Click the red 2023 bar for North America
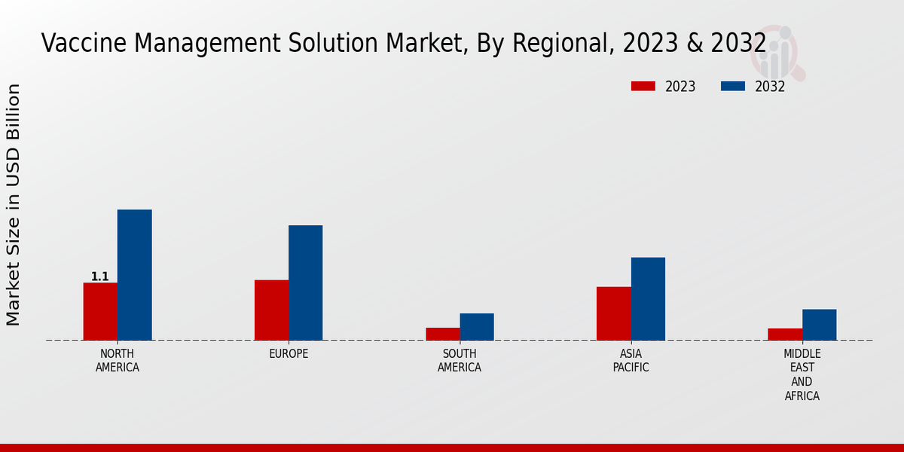(100, 311)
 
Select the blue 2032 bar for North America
(134, 275)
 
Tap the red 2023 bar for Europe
(271, 310)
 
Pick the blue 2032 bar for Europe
(305, 282)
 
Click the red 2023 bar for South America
(442, 334)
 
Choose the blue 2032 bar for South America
(477, 326)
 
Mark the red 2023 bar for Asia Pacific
(613, 313)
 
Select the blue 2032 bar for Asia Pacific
(648, 298)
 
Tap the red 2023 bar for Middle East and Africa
(785, 334)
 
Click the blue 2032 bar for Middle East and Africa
(819, 325)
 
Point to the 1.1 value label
(100, 276)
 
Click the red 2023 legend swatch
(643, 86)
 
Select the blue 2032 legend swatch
(733, 86)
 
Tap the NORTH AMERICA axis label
(118, 360)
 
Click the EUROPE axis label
(289, 353)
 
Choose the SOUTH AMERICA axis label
(460, 360)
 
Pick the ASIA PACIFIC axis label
(631, 360)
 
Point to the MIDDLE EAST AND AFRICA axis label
(802, 374)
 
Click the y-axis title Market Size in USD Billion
(14, 205)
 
